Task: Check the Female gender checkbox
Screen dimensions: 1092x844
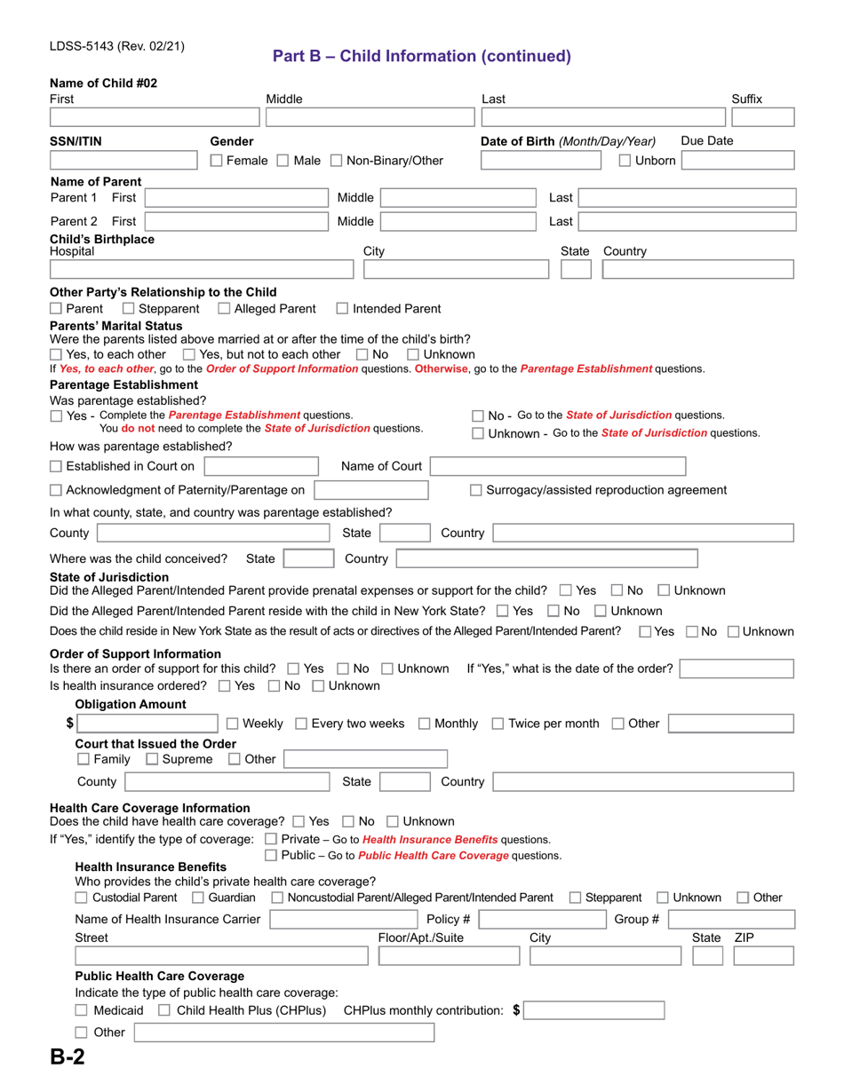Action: (217, 161)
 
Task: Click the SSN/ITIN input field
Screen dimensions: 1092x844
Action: (123, 161)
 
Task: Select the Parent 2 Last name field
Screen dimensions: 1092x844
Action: (686, 221)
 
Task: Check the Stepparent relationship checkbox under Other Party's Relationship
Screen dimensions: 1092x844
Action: (129, 309)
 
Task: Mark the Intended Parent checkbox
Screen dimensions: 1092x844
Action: (343, 309)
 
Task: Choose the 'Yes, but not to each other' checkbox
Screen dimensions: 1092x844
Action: (201, 354)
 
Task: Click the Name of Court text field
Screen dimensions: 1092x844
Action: (559, 466)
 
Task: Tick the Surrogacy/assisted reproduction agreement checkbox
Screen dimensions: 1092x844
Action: (476, 490)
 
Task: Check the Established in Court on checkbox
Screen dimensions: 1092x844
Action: (57, 466)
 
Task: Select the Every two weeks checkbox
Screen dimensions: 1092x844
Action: (301, 724)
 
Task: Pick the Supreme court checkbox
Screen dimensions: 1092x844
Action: (152, 759)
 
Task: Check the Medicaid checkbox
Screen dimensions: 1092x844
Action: (82, 1010)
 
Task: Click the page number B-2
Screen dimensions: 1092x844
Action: (68, 1058)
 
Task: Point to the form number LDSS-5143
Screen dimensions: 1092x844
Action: (92, 46)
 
